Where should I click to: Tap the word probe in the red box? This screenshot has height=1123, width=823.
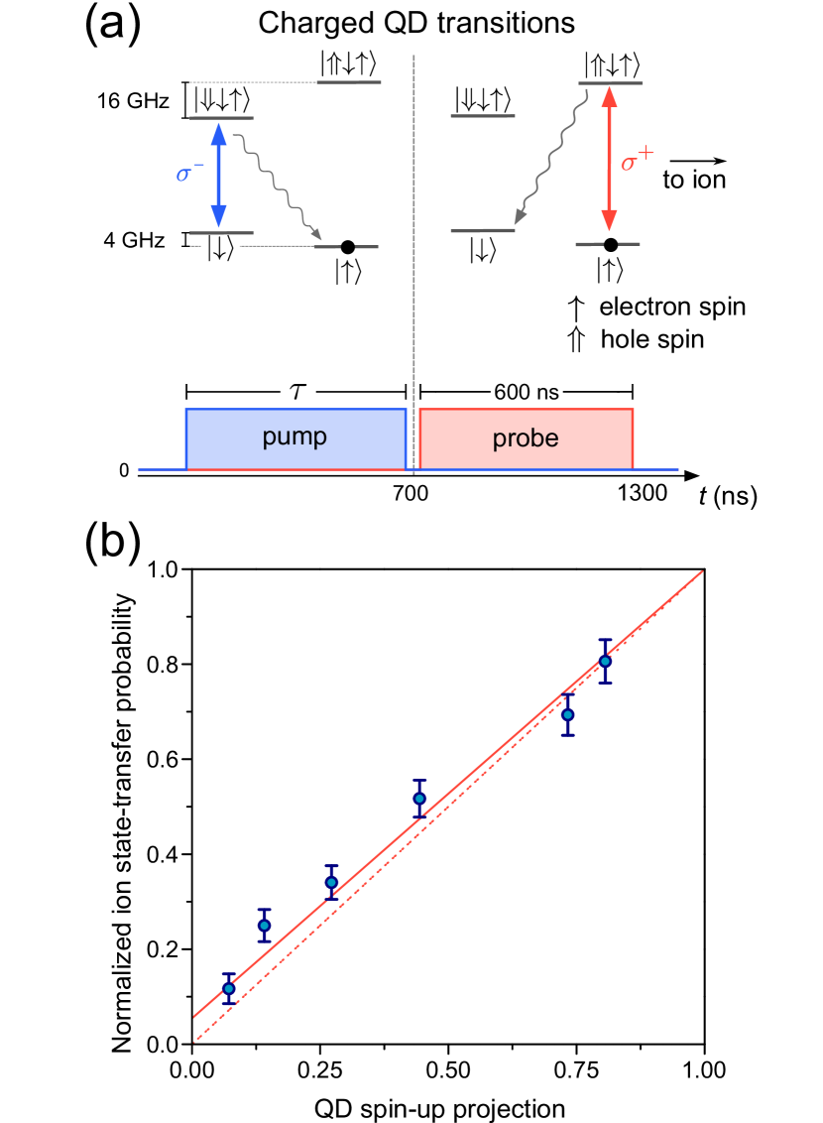tap(526, 438)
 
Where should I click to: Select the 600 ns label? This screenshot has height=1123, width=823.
tap(526, 392)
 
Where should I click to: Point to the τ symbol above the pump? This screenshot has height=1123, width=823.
tap(297, 392)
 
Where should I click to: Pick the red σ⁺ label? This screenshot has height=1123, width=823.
tap(637, 160)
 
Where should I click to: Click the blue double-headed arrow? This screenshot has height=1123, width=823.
tap(219, 175)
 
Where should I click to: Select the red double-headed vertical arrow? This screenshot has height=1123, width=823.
tap(609, 159)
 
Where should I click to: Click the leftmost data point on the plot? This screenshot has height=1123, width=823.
tap(229, 988)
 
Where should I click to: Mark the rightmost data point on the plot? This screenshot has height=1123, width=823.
tap(605, 661)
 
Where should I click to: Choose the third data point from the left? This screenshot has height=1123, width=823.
tap(331, 881)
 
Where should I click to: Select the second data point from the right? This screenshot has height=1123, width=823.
tap(567, 713)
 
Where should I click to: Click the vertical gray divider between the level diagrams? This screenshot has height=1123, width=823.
tap(413, 248)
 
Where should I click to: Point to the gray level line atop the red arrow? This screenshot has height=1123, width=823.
tap(611, 83)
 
